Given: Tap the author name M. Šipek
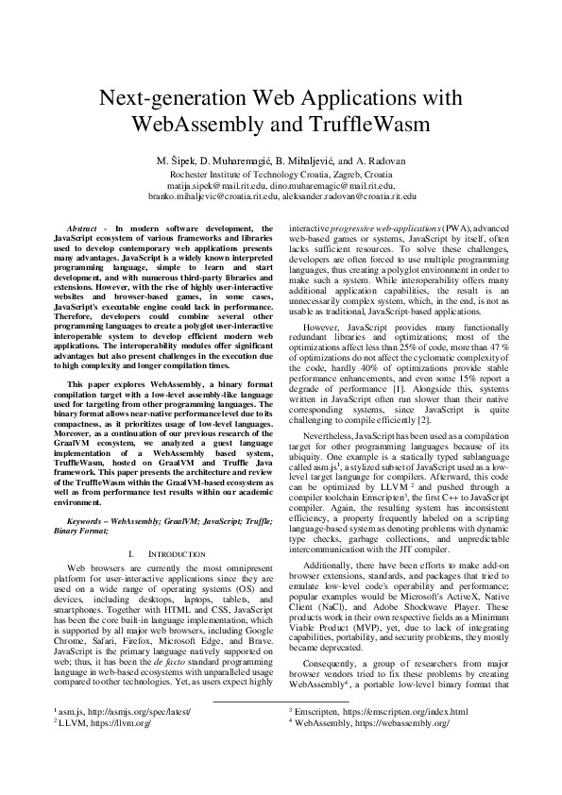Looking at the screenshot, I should click(179, 161).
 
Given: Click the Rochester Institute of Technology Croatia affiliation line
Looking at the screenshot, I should click(281, 175).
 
